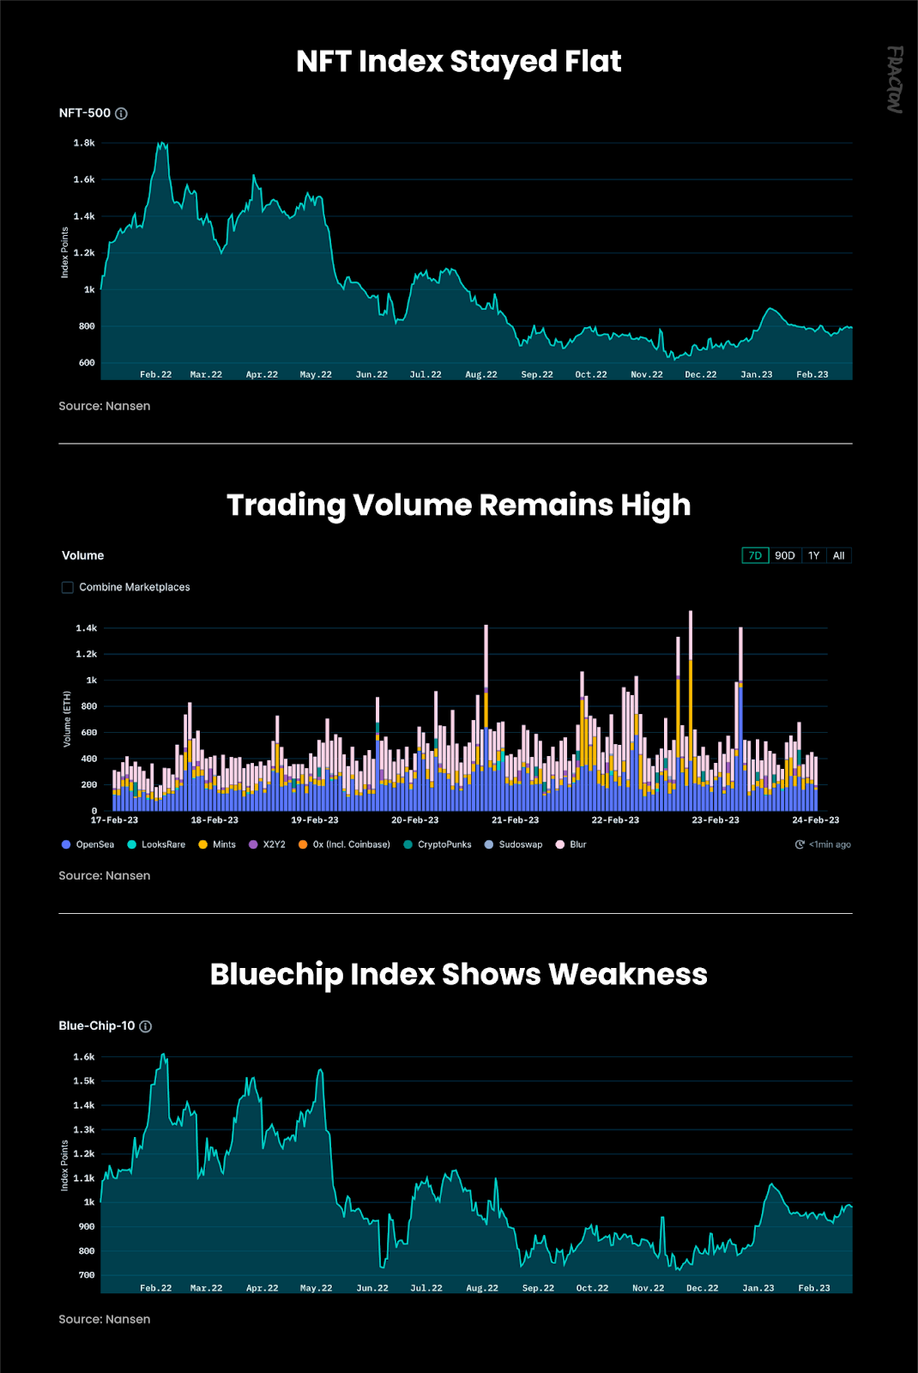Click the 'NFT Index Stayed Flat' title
point(458,62)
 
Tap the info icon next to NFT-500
point(122,113)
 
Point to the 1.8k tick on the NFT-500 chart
point(84,143)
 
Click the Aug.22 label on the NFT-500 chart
point(481,375)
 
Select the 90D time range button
point(785,556)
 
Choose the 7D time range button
point(755,556)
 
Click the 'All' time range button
point(839,556)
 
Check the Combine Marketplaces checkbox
point(68,588)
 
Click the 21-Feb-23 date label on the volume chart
point(515,820)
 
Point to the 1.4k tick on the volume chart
point(86,629)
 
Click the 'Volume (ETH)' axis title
point(67,719)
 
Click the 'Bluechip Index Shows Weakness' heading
point(458,975)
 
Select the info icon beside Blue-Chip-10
point(146,1026)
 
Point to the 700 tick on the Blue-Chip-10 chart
point(87,1275)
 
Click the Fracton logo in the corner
point(895,80)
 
